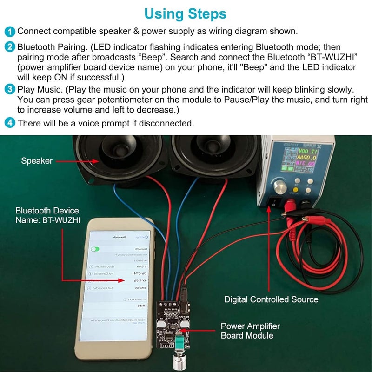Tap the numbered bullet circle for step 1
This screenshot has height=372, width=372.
tap(9, 32)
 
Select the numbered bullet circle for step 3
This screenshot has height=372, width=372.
tap(9, 89)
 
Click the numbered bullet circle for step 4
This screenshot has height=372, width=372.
tap(9, 123)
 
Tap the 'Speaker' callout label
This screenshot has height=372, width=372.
tap(37, 161)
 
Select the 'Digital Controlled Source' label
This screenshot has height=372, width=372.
tap(271, 299)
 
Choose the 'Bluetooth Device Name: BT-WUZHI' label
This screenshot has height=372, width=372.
tap(47, 216)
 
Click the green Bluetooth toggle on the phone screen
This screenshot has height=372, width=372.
tap(96, 249)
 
